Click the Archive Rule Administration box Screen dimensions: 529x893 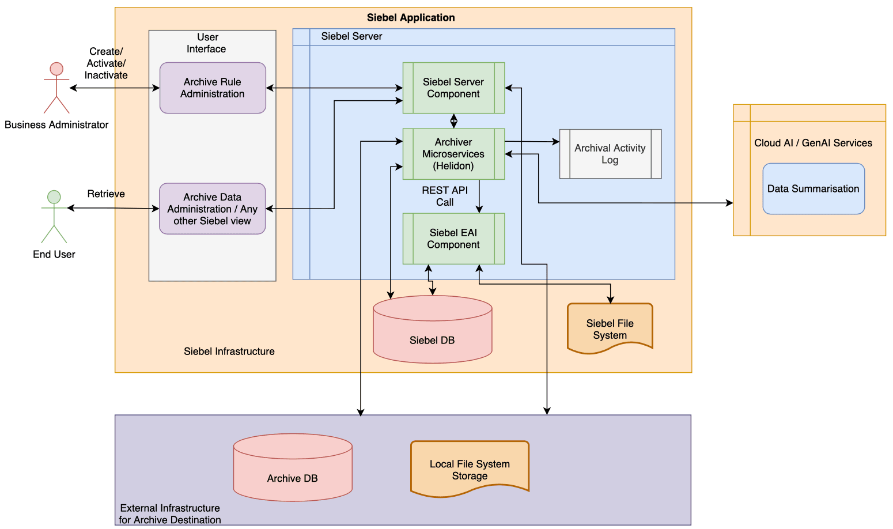[x=213, y=88]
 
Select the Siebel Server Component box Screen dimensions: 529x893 [x=453, y=88]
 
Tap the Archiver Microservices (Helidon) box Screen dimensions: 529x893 [x=453, y=154]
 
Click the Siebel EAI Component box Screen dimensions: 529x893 [x=453, y=239]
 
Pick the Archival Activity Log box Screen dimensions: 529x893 [x=610, y=154]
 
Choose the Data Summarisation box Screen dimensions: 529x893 [x=813, y=189]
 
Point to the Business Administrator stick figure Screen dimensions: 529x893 [x=56, y=88]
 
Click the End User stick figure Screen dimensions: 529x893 [x=54, y=216]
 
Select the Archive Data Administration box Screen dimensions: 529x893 [x=213, y=209]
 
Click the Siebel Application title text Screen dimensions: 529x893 [x=411, y=17]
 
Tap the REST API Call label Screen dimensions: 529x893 [x=445, y=196]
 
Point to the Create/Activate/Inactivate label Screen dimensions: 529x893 [x=106, y=63]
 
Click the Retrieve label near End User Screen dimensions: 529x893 [x=106, y=194]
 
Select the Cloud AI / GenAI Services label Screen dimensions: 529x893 [x=813, y=143]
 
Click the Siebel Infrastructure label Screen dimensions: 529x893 [x=229, y=352]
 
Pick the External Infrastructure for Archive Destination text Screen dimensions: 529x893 [x=170, y=514]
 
